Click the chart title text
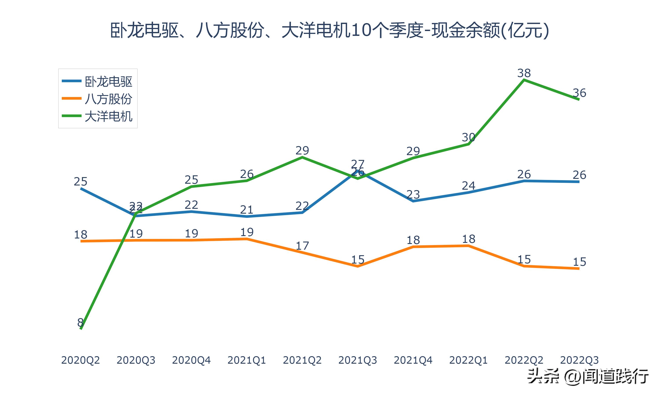pyautogui.click(x=330, y=30)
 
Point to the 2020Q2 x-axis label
pyautogui.click(x=80, y=360)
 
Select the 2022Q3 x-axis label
pyautogui.click(x=579, y=360)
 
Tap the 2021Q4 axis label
pyautogui.click(x=413, y=360)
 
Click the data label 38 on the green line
pyautogui.click(x=524, y=73)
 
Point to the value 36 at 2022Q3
pyautogui.click(x=579, y=93)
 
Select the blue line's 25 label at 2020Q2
pyautogui.click(x=80, y=181)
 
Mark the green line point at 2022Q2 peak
pyautogui.click(x=524, y=80)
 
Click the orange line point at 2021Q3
pyautogui.click(x=357, y=266)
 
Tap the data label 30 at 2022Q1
pyautogui.click(x=468, y=137)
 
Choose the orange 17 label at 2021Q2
pyautogui.click(x=302, y=246)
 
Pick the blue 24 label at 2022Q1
pyautogui.click(x=468, y=186)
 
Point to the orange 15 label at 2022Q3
pyautogui.click(x=579, y=262)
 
